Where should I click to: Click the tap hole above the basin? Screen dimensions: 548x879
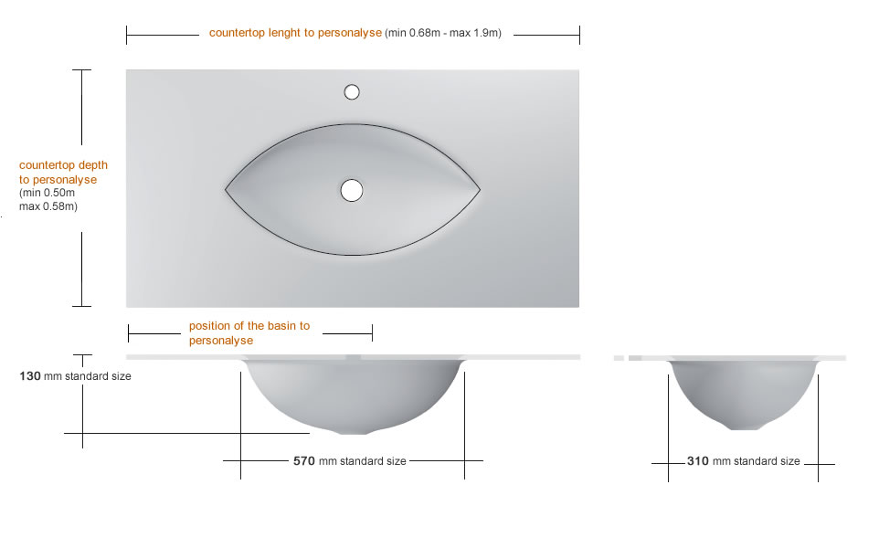click(x=352, y=91)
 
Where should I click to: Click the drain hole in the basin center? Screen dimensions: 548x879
click(x=352, y=190)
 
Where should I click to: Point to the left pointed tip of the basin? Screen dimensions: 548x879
click(x=227, y=189)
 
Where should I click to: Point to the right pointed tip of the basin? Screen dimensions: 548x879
click(x=480, y=189)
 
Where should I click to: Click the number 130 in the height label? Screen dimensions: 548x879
click(x=30, y=375)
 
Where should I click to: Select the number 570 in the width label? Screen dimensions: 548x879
click(x=304, y=461)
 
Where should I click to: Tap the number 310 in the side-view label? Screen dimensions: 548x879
click(x=698, y=461)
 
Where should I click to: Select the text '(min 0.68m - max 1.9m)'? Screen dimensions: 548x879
click(x=443, y=33)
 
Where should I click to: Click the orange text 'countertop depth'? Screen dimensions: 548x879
click(x=63, y=165)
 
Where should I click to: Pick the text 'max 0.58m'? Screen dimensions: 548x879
click(x=48, y=206)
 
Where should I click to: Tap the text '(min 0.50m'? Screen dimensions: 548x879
click(x=47, y=193)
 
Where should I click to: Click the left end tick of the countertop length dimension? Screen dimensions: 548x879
click(x=127, y=35)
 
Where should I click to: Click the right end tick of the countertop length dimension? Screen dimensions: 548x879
click(x=579, y=35)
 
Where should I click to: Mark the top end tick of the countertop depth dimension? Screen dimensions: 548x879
click(x=82, y=69)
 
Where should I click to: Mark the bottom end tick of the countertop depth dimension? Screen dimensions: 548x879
click(x=82, y=306)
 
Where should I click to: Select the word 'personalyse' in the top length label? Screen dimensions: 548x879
click(x=352, y=33)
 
